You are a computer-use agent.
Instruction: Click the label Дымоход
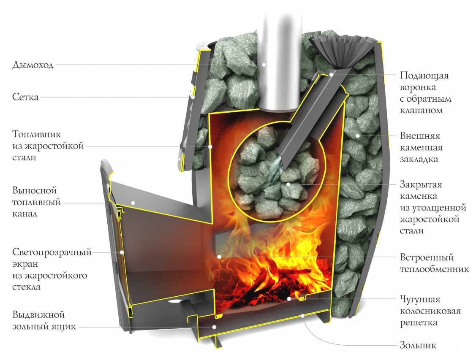click(33, 65)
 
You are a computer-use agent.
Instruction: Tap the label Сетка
click(25, 97)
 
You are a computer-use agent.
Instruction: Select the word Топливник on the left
click(37, 134)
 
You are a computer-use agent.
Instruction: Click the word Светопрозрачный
click(52, 253)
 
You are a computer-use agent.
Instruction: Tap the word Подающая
click(424, 76)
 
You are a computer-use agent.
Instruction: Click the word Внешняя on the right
click(420, 136)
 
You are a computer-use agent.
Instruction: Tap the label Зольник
click(418, 345)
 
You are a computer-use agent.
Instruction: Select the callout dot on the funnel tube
click(332, 74)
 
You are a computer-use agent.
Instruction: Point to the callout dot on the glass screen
click(122, 252)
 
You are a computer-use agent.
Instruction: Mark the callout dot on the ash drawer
click(214, 327)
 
